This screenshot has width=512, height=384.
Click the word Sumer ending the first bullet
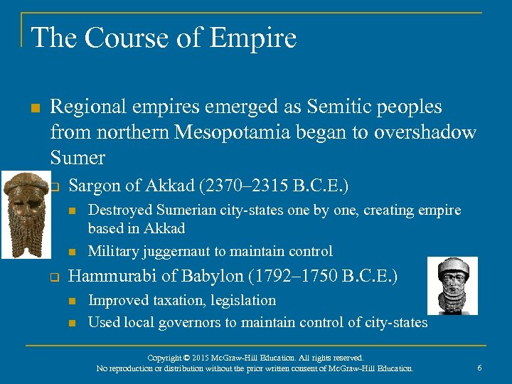point(78,157)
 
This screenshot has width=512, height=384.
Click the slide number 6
point(480,367)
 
